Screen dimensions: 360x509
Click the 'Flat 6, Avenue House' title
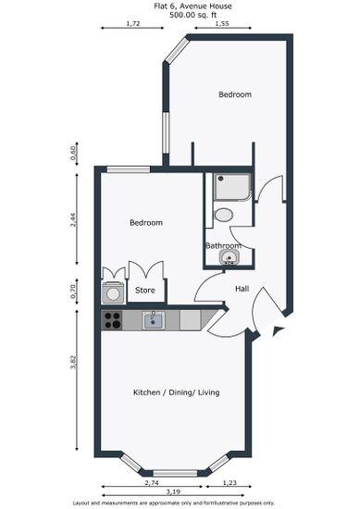tap(192, 6)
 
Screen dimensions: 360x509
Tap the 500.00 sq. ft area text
tap(192, 15)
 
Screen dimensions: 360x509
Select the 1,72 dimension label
tap(132, 23)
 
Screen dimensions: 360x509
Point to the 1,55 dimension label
tap(222, 23)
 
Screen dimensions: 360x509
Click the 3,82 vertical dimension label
tap(74, 363)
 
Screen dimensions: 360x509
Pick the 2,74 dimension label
tap(152, 482)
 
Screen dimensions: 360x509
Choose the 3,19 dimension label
tap(173, 491)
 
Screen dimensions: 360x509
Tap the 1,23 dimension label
tap(230, 482)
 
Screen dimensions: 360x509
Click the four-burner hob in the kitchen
tap(112, 320)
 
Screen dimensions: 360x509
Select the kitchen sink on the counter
tap(154, 320)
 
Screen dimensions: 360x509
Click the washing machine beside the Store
tap(113, 292)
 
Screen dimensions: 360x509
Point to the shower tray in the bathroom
tap(232, 187)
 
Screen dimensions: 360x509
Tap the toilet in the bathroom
tap(224, 215)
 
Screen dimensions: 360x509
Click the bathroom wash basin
tap(230, 258)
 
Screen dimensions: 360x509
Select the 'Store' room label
tap(145, 290)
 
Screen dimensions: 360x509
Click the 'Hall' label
tap(242, 289)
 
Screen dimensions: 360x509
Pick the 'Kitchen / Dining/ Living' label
tap(176, 392)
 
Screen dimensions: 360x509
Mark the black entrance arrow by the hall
tap(279, 330)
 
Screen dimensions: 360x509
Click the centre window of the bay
tap(175, 473)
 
